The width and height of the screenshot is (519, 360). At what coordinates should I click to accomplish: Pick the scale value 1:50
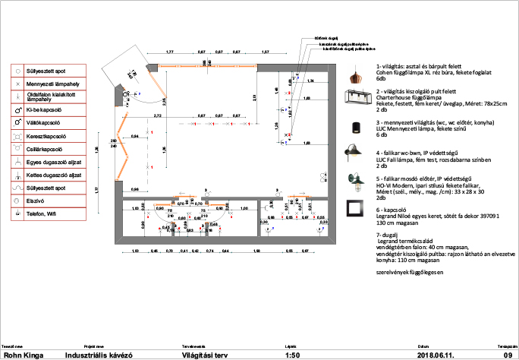[x=291, y=354]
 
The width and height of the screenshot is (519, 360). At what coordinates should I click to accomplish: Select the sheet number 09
[x=508, y=354]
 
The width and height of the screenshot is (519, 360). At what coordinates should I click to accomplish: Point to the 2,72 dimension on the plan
[x=159, y=115]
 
